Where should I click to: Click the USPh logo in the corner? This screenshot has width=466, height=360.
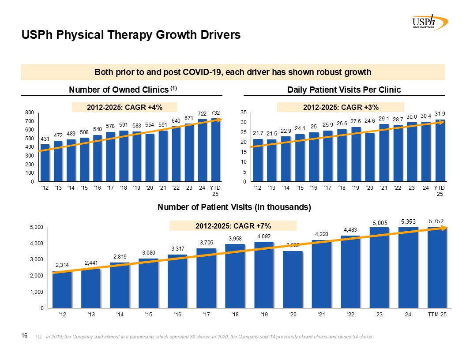(x=429, y=22)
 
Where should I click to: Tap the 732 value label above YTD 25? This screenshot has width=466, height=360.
(x=215, y=113)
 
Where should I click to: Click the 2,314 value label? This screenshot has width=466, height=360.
(x=62, y=265)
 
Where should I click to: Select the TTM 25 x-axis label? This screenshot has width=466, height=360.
(x=437, y=314)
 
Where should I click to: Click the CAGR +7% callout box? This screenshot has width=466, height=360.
(x=233, y=226)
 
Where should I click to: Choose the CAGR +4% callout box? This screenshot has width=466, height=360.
(x=124, y=107)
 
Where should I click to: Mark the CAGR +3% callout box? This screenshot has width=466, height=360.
(x=340, y=107)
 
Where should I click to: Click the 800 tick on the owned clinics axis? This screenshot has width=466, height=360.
(x=30, y=113)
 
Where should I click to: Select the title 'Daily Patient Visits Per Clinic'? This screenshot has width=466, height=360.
(x=344, y=90)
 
